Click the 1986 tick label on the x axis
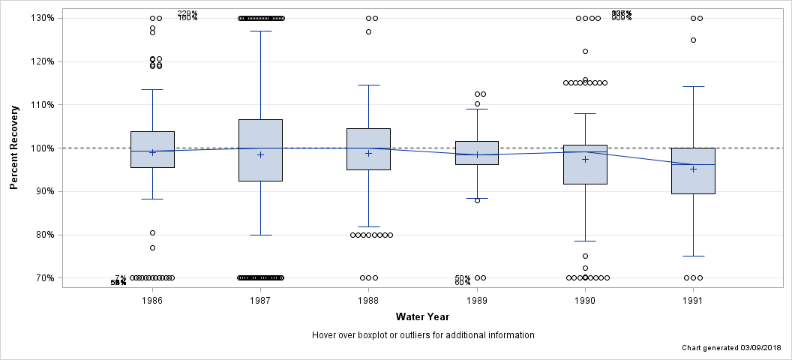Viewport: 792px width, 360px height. pos(152,300)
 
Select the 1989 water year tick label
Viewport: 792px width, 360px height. pos(477,300)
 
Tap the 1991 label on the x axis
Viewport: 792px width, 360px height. pos(693,300)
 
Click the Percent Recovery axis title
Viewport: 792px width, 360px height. pos(14,148)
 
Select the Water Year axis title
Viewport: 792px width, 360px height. pos(422,316)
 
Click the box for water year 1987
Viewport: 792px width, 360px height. pos(260,150)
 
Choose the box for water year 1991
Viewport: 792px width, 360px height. pos(693,171)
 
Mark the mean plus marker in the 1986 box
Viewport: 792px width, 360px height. pos(152,152)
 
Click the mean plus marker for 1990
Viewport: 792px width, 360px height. pos(585,159)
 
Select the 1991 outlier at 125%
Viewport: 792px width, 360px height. pos(693,40)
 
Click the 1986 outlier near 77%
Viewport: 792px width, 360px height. pos(152,247)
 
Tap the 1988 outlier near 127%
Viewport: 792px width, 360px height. pos(368,31)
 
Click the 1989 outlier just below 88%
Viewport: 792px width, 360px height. pos(477,200)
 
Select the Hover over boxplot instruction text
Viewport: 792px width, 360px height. pos(422,335)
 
